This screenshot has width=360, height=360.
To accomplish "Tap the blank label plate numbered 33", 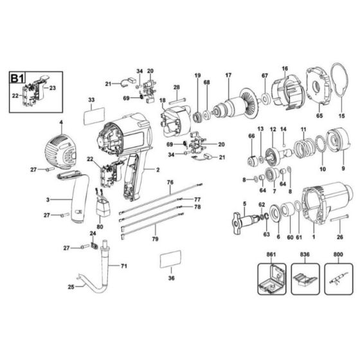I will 93,118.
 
